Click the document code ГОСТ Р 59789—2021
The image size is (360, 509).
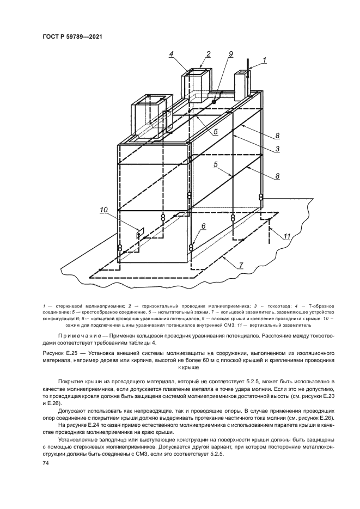(72, 37)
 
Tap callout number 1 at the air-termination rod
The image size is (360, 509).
(265, 60)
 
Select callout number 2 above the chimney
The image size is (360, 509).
(209, 54)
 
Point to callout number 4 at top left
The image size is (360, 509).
(172, 54)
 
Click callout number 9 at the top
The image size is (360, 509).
(231, 54)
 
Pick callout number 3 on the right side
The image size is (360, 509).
(278, 149)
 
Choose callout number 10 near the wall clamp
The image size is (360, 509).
(104, 210)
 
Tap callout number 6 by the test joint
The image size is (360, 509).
(204, 226)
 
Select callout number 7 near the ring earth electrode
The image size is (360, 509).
(241, 266)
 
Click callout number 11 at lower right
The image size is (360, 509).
(287, 236)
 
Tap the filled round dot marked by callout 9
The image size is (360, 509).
(214, 102)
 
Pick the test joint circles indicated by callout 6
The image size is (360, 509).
(191, 248)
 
